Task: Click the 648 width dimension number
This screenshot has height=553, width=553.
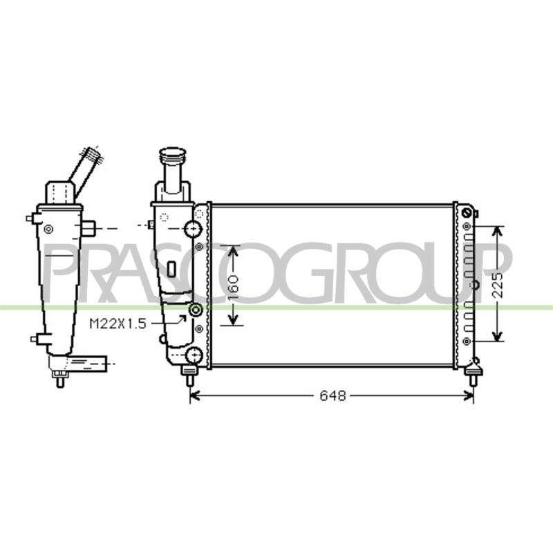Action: coord(332,395)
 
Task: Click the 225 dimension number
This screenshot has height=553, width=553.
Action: coord(497,285)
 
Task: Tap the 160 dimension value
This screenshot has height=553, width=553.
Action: coord(233,285)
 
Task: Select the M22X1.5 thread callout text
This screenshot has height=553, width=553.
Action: coord(118,324)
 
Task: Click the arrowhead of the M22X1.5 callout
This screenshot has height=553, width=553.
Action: coord(182,319)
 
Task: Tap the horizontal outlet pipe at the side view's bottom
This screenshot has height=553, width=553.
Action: coord(88,364)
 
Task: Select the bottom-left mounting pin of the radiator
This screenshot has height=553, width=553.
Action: coord(189,375)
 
